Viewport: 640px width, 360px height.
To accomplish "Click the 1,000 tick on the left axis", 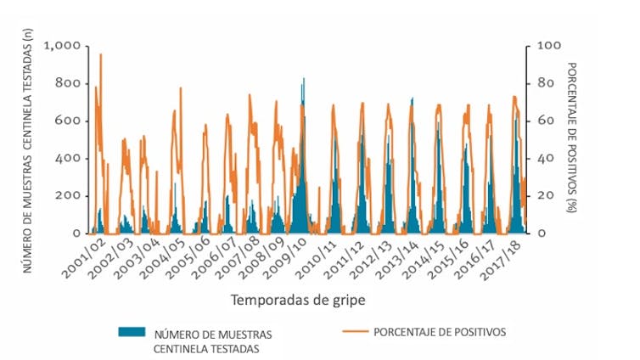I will pos(62,46).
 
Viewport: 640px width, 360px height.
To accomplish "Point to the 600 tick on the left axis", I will pos(68,121).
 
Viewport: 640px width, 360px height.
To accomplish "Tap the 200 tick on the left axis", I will pos(68,196).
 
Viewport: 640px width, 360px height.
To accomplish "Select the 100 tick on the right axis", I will pos(543,46).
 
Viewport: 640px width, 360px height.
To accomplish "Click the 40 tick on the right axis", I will pos(541,159).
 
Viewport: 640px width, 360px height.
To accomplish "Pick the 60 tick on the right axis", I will pos(541,121).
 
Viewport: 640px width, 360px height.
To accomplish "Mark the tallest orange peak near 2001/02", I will pos(100,54).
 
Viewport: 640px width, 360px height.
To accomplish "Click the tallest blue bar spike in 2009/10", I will pos(304,79).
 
